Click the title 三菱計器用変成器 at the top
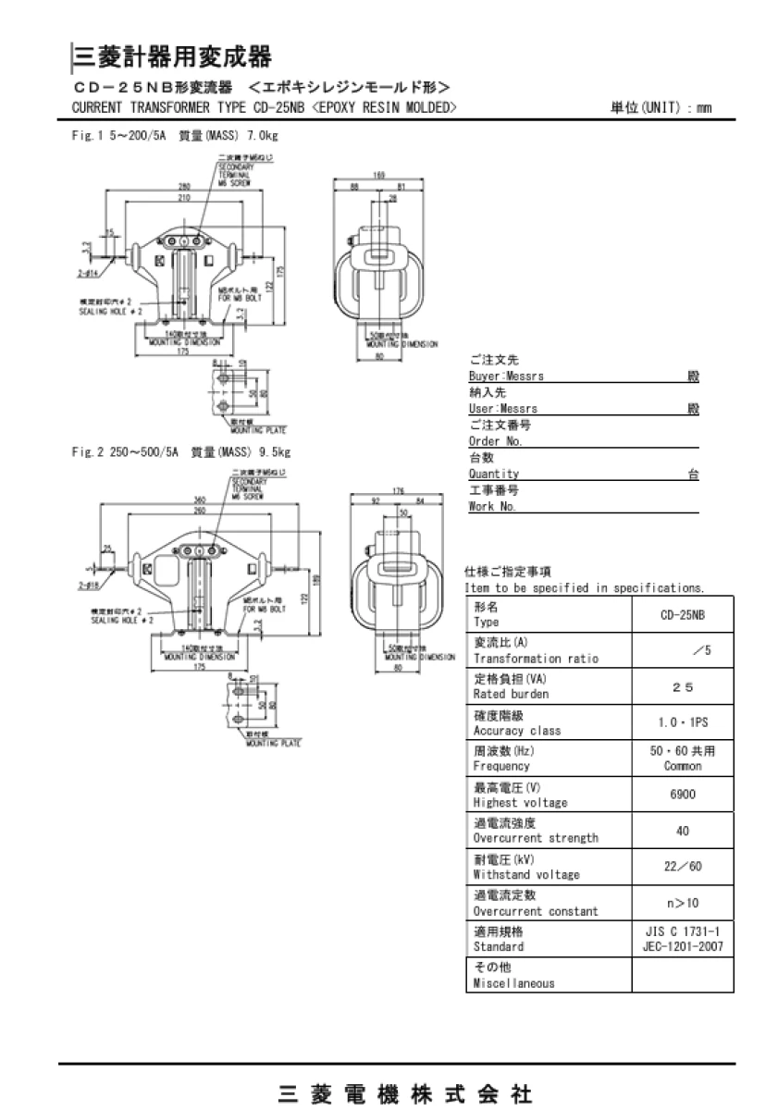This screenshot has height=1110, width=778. pyautogui.click(x=172, y=57)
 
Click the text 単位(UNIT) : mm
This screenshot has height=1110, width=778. pyautogui.click(x=660, y=108)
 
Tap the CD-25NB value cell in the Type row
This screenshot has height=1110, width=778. pyautogui.click(x=683, y=614)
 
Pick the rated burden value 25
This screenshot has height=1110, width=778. pyautogui.click(x=683, y=686)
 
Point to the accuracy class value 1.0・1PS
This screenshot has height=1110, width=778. pyautogui.click(x=683, y=722)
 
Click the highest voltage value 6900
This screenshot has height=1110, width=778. pyautogui.click(x=683, y=795)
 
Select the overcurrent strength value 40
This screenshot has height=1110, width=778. pyautogui.click(x=683, y=831)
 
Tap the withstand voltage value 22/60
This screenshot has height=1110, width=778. pyautogui.click(x=683, y=867)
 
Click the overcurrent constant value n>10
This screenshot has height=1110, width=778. pyautogui.click(x=683, y=903)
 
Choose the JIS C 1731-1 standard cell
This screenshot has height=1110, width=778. pyautogui.click(x=683, y=939)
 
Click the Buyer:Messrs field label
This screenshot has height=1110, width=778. pyautogui.click(x=507, y=377)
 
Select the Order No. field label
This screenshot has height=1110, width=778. pyautogui.click(x=497, y=441)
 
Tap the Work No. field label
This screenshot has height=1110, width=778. pyautogui.click(x=493, y=506)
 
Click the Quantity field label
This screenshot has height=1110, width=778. pyautogui.click(x=494, y=474)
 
